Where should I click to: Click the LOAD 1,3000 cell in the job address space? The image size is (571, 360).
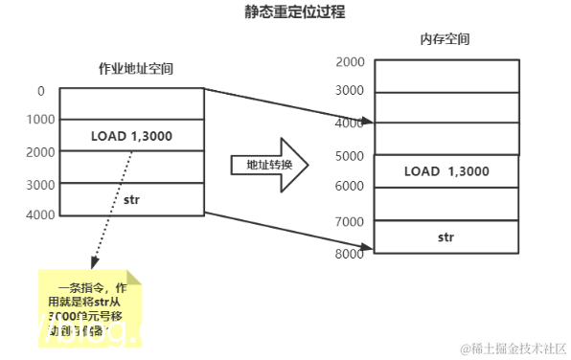[x=131, y=136]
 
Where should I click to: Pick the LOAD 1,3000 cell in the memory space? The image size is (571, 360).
[x=446, y=171]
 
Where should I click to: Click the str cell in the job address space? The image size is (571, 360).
[x=131, y=199]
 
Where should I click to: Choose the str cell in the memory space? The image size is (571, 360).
[x=446, y=236]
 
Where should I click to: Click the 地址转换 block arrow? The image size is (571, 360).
[x=268, y=165]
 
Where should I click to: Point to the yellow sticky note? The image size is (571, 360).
[x=90, y=305]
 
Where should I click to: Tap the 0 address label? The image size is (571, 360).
[x=41, y=91]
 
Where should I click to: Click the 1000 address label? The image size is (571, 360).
[x=41, y=120]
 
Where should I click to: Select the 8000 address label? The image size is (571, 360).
[x=350, y=254]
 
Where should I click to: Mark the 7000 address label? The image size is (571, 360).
[x=350, y=221]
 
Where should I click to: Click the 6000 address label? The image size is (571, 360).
[x=350, y=188]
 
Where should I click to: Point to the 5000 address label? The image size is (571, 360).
[x=350, y=155]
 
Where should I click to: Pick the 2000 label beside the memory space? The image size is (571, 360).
[x=350, y=61]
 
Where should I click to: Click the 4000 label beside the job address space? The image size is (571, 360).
[x=41, y=214]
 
